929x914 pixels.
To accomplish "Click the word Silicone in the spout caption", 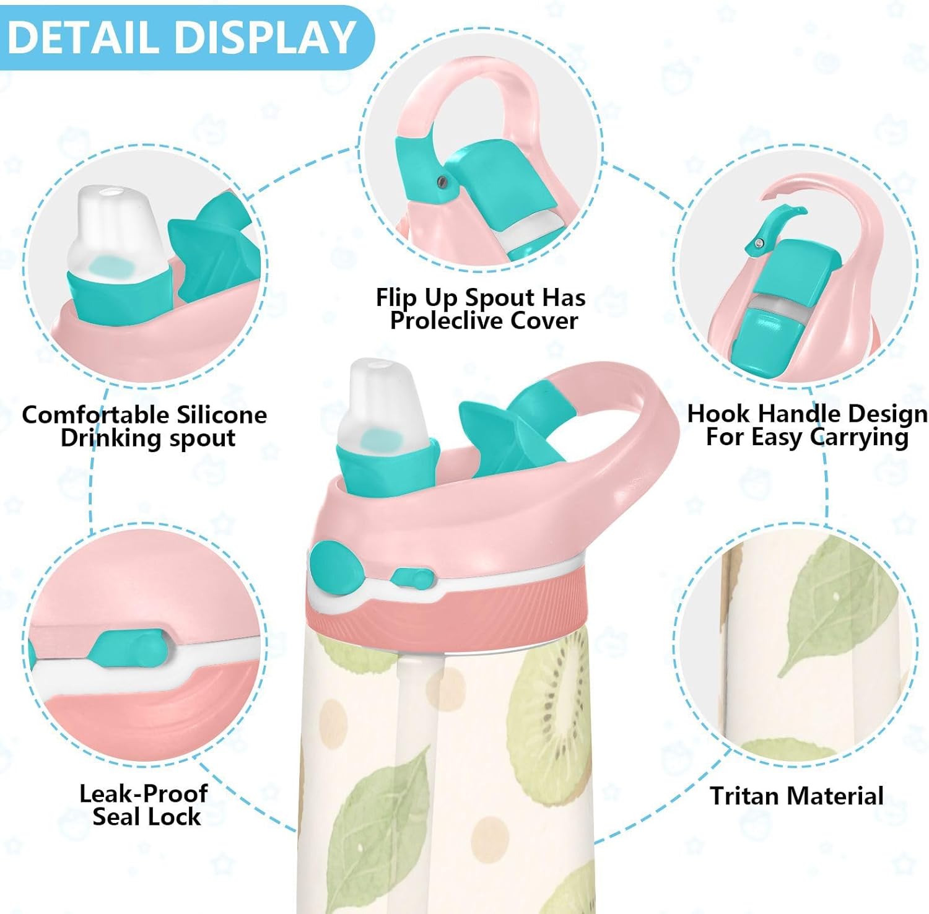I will (221, 414).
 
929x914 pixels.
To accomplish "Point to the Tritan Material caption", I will (796, 796).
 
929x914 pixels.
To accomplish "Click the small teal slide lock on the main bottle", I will (411, 578).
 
